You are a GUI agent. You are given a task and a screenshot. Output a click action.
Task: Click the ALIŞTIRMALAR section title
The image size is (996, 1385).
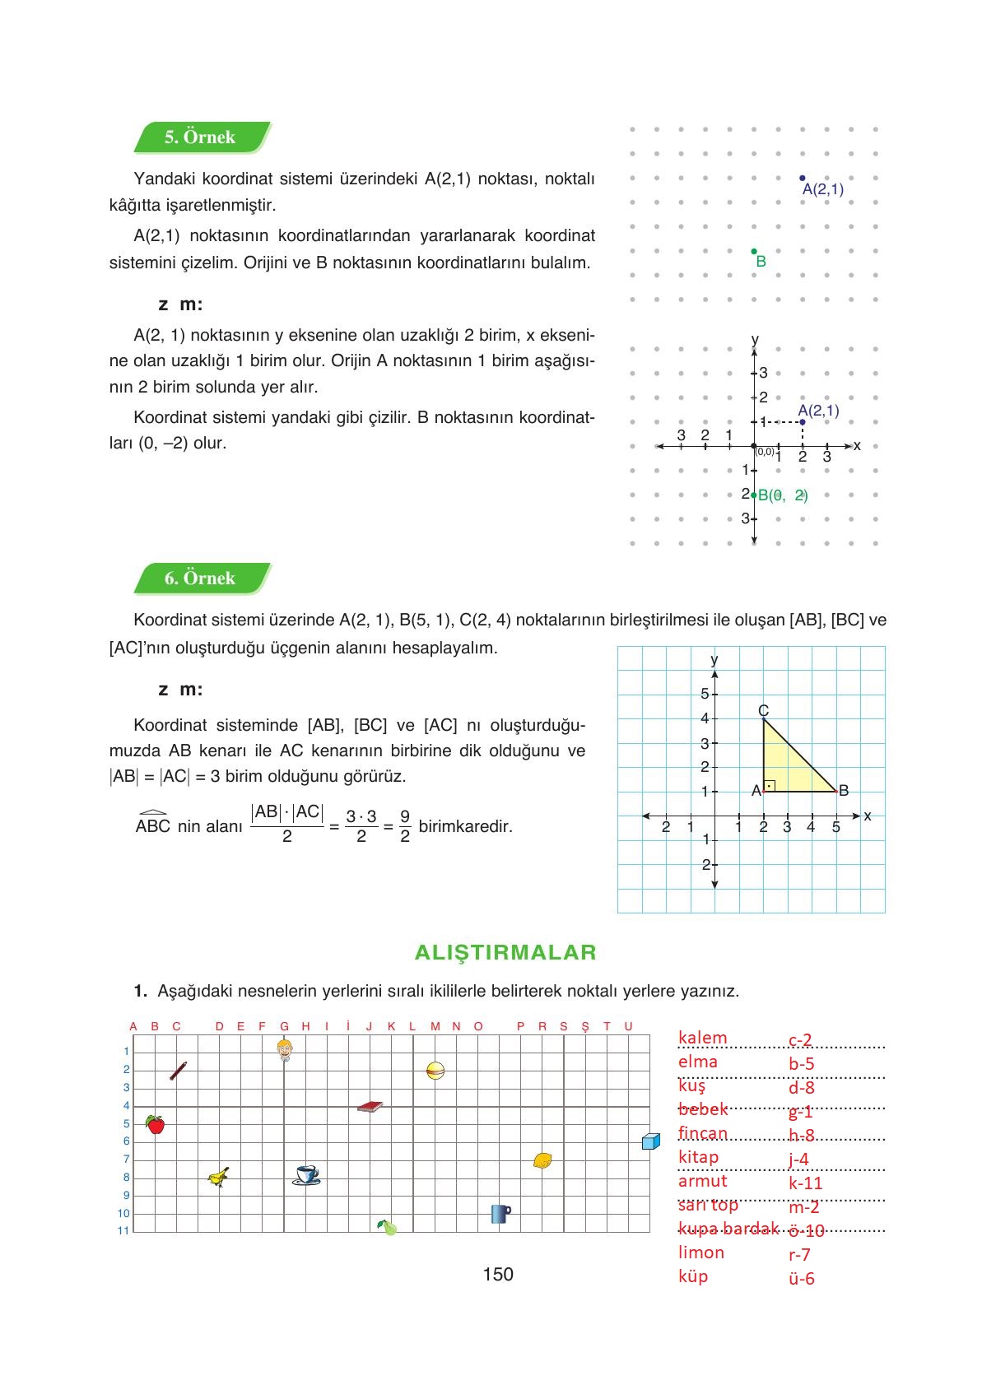click(x=505, y=952)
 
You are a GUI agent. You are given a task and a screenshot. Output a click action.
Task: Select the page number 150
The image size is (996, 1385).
click(x=498, y=1274)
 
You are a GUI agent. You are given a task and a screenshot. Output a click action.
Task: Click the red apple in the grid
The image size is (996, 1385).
click(x=155, y=1124)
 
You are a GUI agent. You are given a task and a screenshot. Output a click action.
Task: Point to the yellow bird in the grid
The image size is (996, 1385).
click(x=218, y=1178)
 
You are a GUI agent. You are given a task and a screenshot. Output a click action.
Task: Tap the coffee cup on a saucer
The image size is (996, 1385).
click(x=306, y=1174)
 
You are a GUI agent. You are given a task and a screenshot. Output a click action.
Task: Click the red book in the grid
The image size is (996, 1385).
click(x=370, y=1107)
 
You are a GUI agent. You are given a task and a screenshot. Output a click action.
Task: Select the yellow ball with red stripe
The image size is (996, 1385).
click(x=435, y=1071)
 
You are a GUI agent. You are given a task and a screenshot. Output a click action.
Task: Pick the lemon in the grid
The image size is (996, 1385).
click(x=542, y=1161)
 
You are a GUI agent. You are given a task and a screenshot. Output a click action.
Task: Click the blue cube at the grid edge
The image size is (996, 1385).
click(x=650, y=1141)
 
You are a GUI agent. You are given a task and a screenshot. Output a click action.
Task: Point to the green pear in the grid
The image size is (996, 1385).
click(x=387, y=1227)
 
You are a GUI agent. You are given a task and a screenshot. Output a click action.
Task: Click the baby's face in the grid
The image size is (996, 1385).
click(x=285, y=1049)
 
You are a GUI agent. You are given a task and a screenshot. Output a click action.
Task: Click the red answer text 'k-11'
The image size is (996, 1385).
click(x=805, y=1183)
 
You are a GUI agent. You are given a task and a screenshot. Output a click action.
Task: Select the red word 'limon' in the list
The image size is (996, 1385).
click(x=701, y=1253)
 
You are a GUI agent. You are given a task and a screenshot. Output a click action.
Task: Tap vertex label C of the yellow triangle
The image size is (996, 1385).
click(x=763, y=710)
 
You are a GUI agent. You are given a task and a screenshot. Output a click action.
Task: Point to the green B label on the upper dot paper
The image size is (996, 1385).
click(x=761, y=262)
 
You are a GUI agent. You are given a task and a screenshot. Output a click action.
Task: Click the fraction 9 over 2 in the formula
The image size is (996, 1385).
click(x=405, y=826)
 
